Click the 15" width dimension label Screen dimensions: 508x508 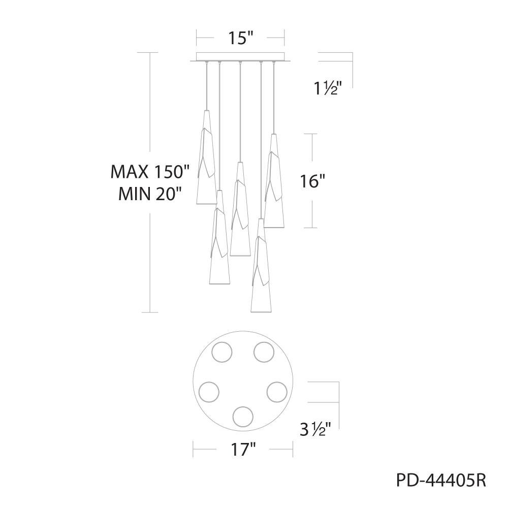[x=240, y=38]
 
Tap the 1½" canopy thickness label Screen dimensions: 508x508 [x=328, y=88]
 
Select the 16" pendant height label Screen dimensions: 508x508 [x=312, y=181]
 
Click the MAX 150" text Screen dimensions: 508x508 [x=150, y=172]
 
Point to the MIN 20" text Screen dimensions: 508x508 [x=150, y=195]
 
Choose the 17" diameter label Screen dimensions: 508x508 [x=243, y=450]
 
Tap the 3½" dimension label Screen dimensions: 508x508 [x=315, y=430]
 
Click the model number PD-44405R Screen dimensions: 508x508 [x=441, y=480]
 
